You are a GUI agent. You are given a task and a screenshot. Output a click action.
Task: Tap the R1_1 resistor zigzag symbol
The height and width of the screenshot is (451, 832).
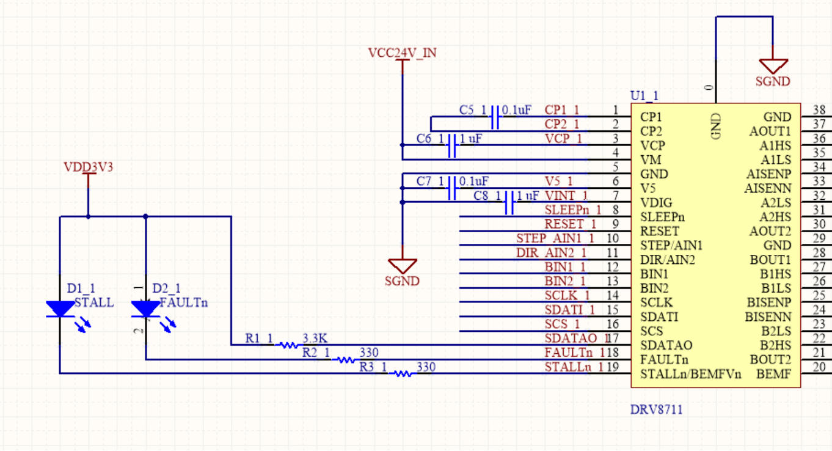tap(288, 345)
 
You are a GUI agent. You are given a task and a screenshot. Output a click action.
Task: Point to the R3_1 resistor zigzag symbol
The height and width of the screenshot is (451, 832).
tap(403, 374)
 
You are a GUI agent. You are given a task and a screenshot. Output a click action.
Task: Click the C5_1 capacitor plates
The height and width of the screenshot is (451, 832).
tap(495, 117)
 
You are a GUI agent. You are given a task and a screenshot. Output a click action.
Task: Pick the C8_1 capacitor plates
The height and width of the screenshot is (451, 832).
tap(509, 202)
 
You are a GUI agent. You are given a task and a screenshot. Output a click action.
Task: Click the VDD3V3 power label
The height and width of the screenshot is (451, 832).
tap(88, 167)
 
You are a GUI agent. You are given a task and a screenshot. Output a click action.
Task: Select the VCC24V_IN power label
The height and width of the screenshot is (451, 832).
tap(403, 53)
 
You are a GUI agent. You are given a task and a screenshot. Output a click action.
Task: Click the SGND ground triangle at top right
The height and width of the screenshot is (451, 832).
tap(773, 66)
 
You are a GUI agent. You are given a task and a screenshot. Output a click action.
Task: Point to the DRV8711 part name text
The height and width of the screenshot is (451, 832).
tap(656, 409)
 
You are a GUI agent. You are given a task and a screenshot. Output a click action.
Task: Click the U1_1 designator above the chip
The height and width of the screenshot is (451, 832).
tap(644, 96)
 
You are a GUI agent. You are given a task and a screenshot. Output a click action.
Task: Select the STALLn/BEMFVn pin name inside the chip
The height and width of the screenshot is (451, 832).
tap(690, 374)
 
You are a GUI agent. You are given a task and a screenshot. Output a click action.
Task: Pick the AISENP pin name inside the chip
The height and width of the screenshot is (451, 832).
tap(769, 174)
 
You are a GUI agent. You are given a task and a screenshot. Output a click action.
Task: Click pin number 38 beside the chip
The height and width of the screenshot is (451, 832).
tap(819, 109)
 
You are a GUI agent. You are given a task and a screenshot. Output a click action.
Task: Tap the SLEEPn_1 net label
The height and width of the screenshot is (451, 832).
tap(573, 210)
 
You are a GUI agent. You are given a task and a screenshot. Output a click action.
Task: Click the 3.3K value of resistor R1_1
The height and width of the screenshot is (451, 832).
tap(315, 338)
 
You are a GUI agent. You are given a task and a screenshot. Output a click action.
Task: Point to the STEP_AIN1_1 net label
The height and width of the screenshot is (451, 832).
tap(555, 238)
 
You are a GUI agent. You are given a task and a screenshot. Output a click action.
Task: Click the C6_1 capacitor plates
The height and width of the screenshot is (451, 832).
tap(452, 145)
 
